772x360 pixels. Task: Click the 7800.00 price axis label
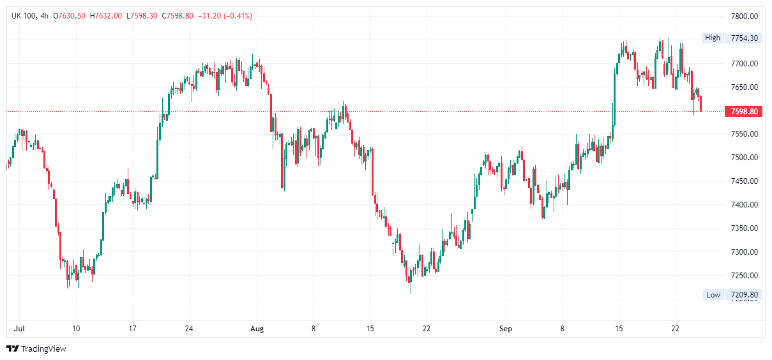pyautogui.click(x=744, y=16)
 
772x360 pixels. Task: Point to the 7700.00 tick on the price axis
pyautogui.click(x=744, y=64)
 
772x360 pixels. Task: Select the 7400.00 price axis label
pyautogui.click(x=744, y=205)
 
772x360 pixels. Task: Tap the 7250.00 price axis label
pyautogui.click(x=744, y=276)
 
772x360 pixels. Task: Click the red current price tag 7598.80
pyautogui.click(x=745, y=112)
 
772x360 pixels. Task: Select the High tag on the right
pyautogui.click(x=712, y=38)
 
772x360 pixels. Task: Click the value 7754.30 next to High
pyautogui.click(x=745, y=38)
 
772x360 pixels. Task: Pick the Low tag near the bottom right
pyautogui.click(x=713, y=295)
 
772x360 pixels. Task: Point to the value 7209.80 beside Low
pyautogui.click(x=745, y=295)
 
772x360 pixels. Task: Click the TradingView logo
pyautogui.click(x=36, y=349)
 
